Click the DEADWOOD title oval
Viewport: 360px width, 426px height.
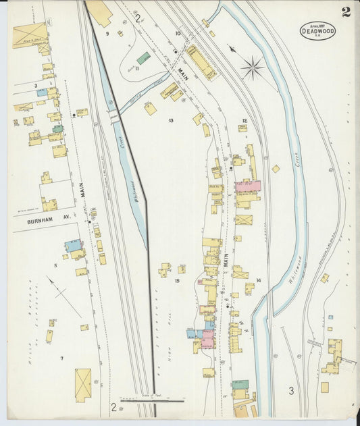317,31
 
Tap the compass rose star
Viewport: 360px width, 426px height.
253,68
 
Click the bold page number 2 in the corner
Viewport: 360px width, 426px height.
346,11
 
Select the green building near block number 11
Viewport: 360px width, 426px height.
143,59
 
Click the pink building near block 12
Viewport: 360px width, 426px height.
247,186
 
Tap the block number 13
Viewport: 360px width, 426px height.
172,121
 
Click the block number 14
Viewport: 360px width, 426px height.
258,279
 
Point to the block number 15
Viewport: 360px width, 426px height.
177,280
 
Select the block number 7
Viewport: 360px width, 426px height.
61,358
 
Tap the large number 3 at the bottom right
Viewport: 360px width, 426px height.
292,391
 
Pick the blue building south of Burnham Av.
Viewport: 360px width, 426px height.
73,246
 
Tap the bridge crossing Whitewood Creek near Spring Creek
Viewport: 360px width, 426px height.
114,117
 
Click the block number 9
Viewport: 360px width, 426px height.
107,33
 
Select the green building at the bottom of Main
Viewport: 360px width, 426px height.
240,385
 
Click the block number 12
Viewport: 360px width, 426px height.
245,121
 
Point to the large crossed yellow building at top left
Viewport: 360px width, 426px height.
30,35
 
